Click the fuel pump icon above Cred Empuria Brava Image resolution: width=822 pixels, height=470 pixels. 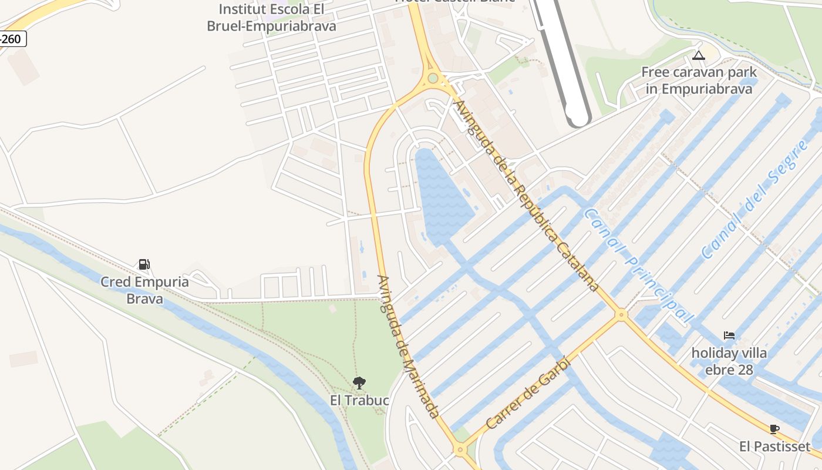144,264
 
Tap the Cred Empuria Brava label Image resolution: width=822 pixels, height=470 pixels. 144,290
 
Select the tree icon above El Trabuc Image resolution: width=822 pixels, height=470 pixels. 359,383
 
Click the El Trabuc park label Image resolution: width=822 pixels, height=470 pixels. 359,401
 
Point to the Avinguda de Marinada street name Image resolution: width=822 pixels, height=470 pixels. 408,347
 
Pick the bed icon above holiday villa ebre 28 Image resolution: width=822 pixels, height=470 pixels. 729,335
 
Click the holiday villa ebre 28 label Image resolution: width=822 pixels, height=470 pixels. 729,361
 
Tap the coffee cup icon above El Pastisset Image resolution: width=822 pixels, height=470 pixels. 774,429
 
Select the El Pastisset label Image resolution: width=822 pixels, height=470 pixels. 774,446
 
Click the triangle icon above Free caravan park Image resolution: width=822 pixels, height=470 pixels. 698,56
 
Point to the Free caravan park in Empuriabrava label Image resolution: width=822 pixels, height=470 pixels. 699,80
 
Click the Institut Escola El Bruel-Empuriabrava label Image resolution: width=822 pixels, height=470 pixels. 271,18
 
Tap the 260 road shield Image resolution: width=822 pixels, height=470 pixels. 11,39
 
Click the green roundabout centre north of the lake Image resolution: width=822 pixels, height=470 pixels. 433,78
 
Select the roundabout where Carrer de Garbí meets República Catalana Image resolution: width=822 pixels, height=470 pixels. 621,315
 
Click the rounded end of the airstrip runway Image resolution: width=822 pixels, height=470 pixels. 578,115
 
